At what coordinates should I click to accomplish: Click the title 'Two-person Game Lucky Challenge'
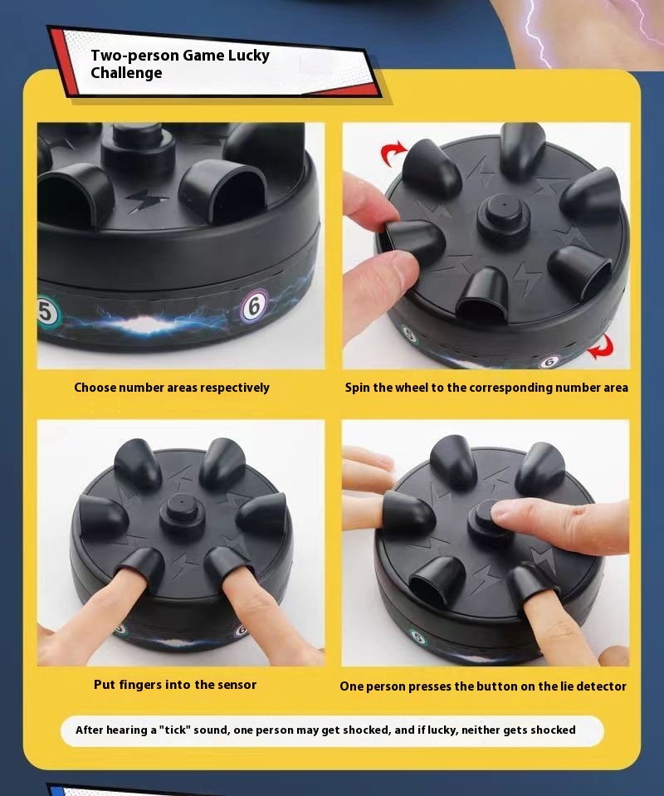click(179, 64)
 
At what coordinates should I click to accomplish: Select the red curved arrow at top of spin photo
click(393, 153)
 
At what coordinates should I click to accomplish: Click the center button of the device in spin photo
click(503, 212)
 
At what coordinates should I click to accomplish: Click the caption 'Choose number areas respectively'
click(172, 388)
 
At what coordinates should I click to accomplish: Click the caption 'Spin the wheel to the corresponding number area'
click(486, 388)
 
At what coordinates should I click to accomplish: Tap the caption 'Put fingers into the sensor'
click(174, 685)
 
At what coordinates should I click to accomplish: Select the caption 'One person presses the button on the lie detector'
click(483, 686)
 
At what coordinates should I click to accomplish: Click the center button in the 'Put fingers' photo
click(178, 515)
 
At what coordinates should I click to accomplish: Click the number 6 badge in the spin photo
click(548, 362)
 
